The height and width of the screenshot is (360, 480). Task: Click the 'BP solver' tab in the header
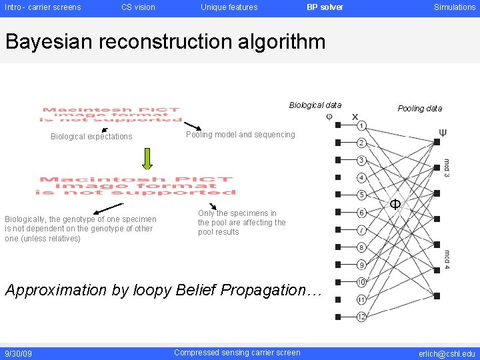pos(325,7)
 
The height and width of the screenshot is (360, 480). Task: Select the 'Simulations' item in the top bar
pos(455,7)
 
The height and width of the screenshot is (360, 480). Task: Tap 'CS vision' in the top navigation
pos(138,7)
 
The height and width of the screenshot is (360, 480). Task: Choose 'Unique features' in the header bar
pos(229,7)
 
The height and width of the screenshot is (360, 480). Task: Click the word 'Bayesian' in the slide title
pos(49,42)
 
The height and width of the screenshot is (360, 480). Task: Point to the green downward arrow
pos(147,158)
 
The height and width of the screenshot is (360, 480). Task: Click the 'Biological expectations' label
pos(91,137)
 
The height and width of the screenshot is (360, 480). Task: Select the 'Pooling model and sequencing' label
pos(240,135)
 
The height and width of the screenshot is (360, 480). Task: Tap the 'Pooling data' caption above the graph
pos(419,109)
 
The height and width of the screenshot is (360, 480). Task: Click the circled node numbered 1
pos(361,125)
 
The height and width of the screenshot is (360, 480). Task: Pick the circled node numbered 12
pos(361,317)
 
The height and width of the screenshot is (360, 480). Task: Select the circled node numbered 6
pos(361,213)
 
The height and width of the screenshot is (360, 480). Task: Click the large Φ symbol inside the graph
pos(395,204)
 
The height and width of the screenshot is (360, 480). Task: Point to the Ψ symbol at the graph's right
pos(443,133)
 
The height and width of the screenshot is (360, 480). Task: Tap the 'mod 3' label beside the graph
pos(447,166)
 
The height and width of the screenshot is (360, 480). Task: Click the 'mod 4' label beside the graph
pos(447,259)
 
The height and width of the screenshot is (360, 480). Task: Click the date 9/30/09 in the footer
pos(18,353)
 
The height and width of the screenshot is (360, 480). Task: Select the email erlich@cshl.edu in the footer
pos(447,353)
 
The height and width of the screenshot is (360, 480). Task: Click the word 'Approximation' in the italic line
pos(55,290)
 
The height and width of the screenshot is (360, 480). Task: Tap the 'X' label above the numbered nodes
pos(355,116)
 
